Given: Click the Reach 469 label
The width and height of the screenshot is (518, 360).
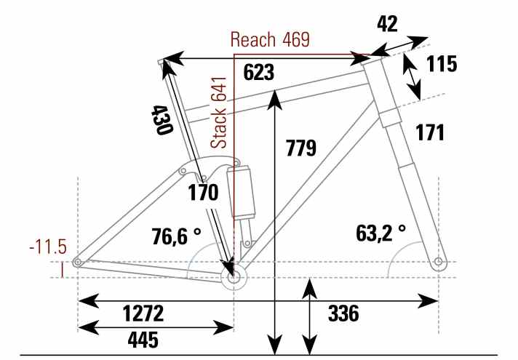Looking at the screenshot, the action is coord(270,39).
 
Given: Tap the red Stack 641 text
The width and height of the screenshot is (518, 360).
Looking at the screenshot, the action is coord(219,113).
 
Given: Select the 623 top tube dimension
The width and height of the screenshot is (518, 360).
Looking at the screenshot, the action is coord(259,72).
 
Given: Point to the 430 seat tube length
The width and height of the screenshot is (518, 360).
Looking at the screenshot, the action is coord(162,120).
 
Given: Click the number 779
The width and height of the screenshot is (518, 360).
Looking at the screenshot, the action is coord(301,148).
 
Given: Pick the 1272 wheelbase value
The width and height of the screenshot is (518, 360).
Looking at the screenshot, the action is coord(143,313).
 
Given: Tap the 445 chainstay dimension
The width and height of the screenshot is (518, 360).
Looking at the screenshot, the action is coord(143,340).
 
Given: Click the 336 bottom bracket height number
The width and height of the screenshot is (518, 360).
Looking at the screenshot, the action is coord(343,313).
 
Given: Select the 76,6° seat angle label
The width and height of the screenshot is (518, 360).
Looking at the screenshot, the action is coord(176,236).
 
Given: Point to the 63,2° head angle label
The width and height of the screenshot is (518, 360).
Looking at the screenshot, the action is coord(380,233).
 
